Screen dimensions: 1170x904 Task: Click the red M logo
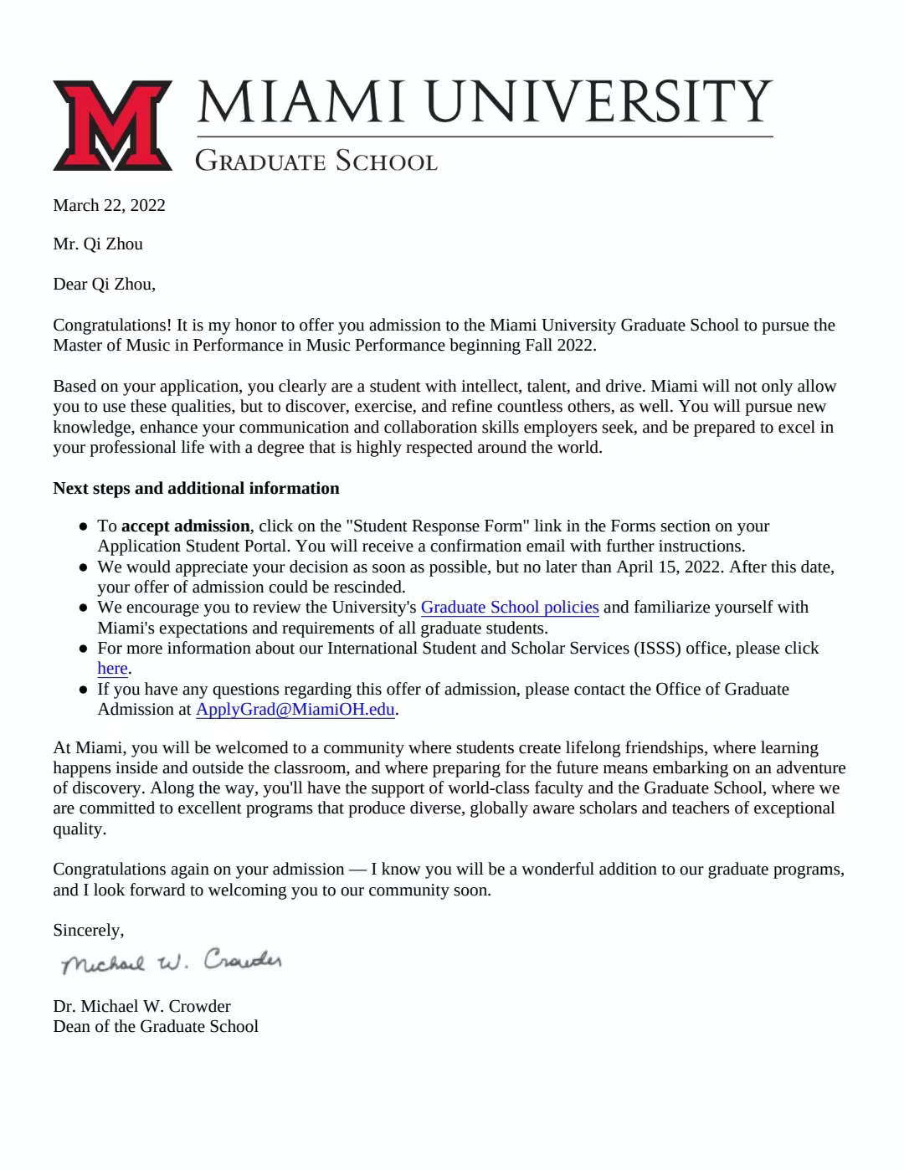tap(112, 126)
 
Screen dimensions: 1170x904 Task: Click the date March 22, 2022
tap(109, 206)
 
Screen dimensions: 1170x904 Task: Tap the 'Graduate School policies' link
tap(509, 608)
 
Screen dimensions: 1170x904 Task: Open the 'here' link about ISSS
tap(112, 669)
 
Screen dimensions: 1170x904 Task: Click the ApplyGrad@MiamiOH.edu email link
tap(295, 710)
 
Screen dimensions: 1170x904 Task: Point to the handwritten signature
tap(172, 962)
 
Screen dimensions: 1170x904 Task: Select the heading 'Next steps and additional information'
tap(196, 489)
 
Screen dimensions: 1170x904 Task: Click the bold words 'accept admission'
tap(185, 526)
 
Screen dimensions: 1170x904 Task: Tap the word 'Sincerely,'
tap(88, 931)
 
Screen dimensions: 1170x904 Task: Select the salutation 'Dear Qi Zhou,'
tap(104, 285)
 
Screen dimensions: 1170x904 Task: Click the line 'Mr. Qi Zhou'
tap(98, 244)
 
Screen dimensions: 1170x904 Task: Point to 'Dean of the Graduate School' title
tap(156, 1027)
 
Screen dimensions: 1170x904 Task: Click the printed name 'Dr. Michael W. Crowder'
tap(141, 1007)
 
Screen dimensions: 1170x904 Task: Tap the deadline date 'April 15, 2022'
tap(669, 567)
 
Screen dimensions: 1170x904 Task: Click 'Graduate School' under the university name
tap(316, 161)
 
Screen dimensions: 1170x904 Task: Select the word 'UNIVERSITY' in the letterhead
tap(598, 102)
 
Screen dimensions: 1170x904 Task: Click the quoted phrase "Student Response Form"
tap(437, 526)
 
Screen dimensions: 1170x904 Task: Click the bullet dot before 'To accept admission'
tap(84, 527)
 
